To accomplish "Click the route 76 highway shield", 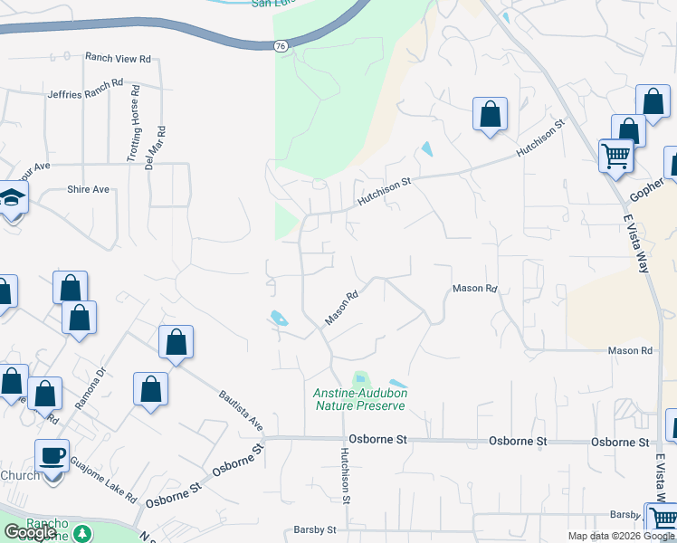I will pyautogui.click(x=281, y=46).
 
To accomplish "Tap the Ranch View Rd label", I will pyautogui.click(x=117, y=58).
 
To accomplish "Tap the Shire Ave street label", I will pyautogui.click(x=88, y=189).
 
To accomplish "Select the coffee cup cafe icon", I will pyautogui.click(x=52, y=454).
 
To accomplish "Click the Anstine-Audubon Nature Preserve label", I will pyautogui.click(x=360, y=399).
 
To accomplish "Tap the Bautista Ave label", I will pyautogui.click(x=241, y=410).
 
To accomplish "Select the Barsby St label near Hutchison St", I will pyautogui.click(x=315, y=529).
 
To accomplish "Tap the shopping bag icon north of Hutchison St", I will pyautogui.click(x=490, y=115).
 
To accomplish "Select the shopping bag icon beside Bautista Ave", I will pyautogui.click(x=176, y=343).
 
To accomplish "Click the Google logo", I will pyautogui.click(x=30, y=532).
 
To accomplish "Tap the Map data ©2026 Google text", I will pyautogui.click(x=620, y=536).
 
